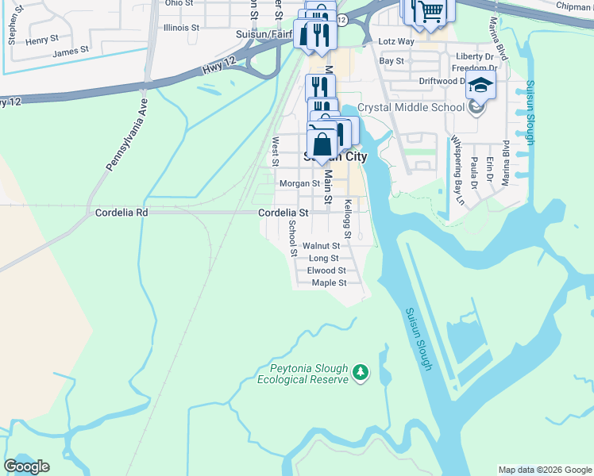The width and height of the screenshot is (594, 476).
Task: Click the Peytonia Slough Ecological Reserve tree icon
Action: coord(361,372)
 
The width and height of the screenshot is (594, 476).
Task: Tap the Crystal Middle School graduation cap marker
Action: coord(480,86)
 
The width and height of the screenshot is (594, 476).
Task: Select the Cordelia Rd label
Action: coord(121,213)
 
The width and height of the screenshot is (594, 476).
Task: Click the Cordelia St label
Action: coord(283,213)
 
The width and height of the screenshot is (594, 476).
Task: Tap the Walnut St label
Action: coord(326,246)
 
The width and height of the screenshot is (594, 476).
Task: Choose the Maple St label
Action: coord(329,282)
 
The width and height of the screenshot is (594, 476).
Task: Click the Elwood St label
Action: coord(326,271)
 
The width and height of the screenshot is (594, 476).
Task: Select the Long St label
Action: coord(323,258)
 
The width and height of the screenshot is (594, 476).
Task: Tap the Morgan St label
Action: coord(299,183)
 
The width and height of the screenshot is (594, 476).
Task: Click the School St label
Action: coord(292,239)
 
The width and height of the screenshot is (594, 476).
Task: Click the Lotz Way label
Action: coord(396,41)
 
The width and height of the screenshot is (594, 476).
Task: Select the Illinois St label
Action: coord(180,27)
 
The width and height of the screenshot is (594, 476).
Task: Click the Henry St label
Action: coord(42,38)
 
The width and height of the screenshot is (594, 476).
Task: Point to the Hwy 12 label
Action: coord(215,70)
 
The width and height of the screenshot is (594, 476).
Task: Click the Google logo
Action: coord(26,466)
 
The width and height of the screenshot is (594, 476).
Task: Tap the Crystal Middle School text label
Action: coord(411,107)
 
